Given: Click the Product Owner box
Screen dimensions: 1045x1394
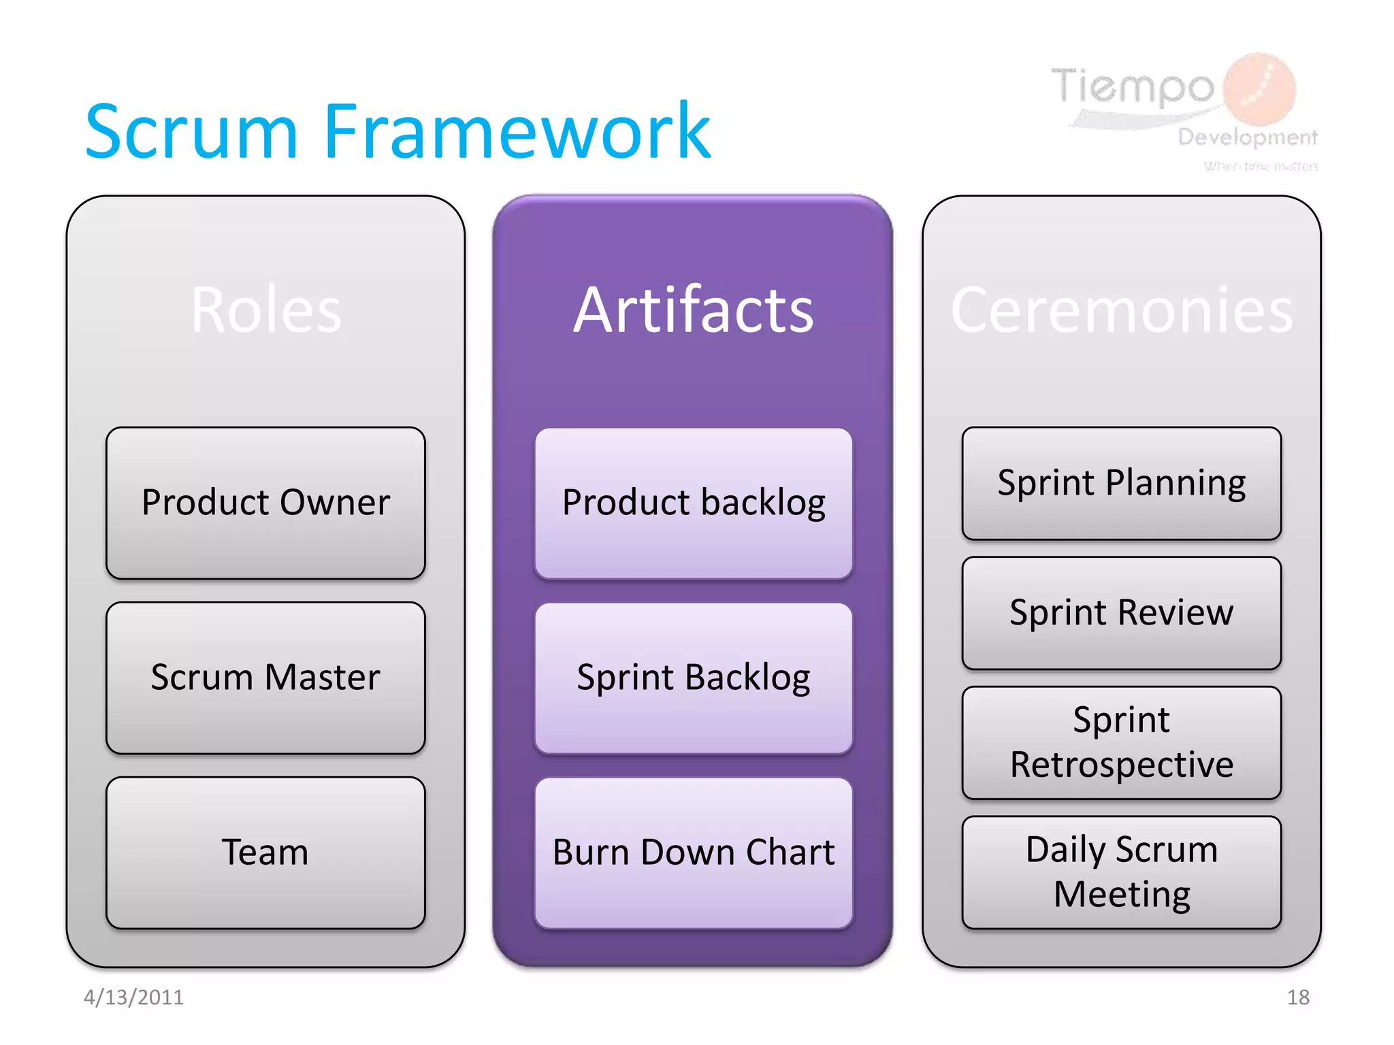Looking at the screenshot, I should pos(265,503).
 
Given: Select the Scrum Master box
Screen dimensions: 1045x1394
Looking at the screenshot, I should pos(265,678).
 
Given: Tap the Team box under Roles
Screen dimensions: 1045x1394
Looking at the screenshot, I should pos(265,852).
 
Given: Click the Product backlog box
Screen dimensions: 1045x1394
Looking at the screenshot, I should pos(694,503).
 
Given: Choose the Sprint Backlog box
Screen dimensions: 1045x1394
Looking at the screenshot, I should pos(694,678).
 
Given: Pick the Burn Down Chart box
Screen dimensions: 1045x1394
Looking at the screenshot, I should pos(694,852).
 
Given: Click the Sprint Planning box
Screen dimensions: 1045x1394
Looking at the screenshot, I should pos(1121,483).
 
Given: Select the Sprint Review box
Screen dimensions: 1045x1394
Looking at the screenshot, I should pos(1121,612).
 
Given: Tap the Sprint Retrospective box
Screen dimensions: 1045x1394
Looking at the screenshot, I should pos(1121,742).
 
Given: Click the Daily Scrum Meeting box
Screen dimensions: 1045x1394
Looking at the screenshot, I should pos(1121,872).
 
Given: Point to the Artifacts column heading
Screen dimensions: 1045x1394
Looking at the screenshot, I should pos(693,310).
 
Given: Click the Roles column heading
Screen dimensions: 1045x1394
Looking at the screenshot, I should pos(265,310).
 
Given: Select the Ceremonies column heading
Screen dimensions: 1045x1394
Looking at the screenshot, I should pos(1121,310).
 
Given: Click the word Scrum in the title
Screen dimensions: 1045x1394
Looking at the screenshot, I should pos(191,132).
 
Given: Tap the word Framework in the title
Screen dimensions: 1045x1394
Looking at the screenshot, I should pos(517,132).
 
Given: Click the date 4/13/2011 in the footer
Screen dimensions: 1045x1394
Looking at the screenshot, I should pos(133,997).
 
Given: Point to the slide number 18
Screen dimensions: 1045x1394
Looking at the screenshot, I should pos(1298,997).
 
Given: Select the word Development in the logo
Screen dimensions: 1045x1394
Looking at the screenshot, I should pos(1247,137).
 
